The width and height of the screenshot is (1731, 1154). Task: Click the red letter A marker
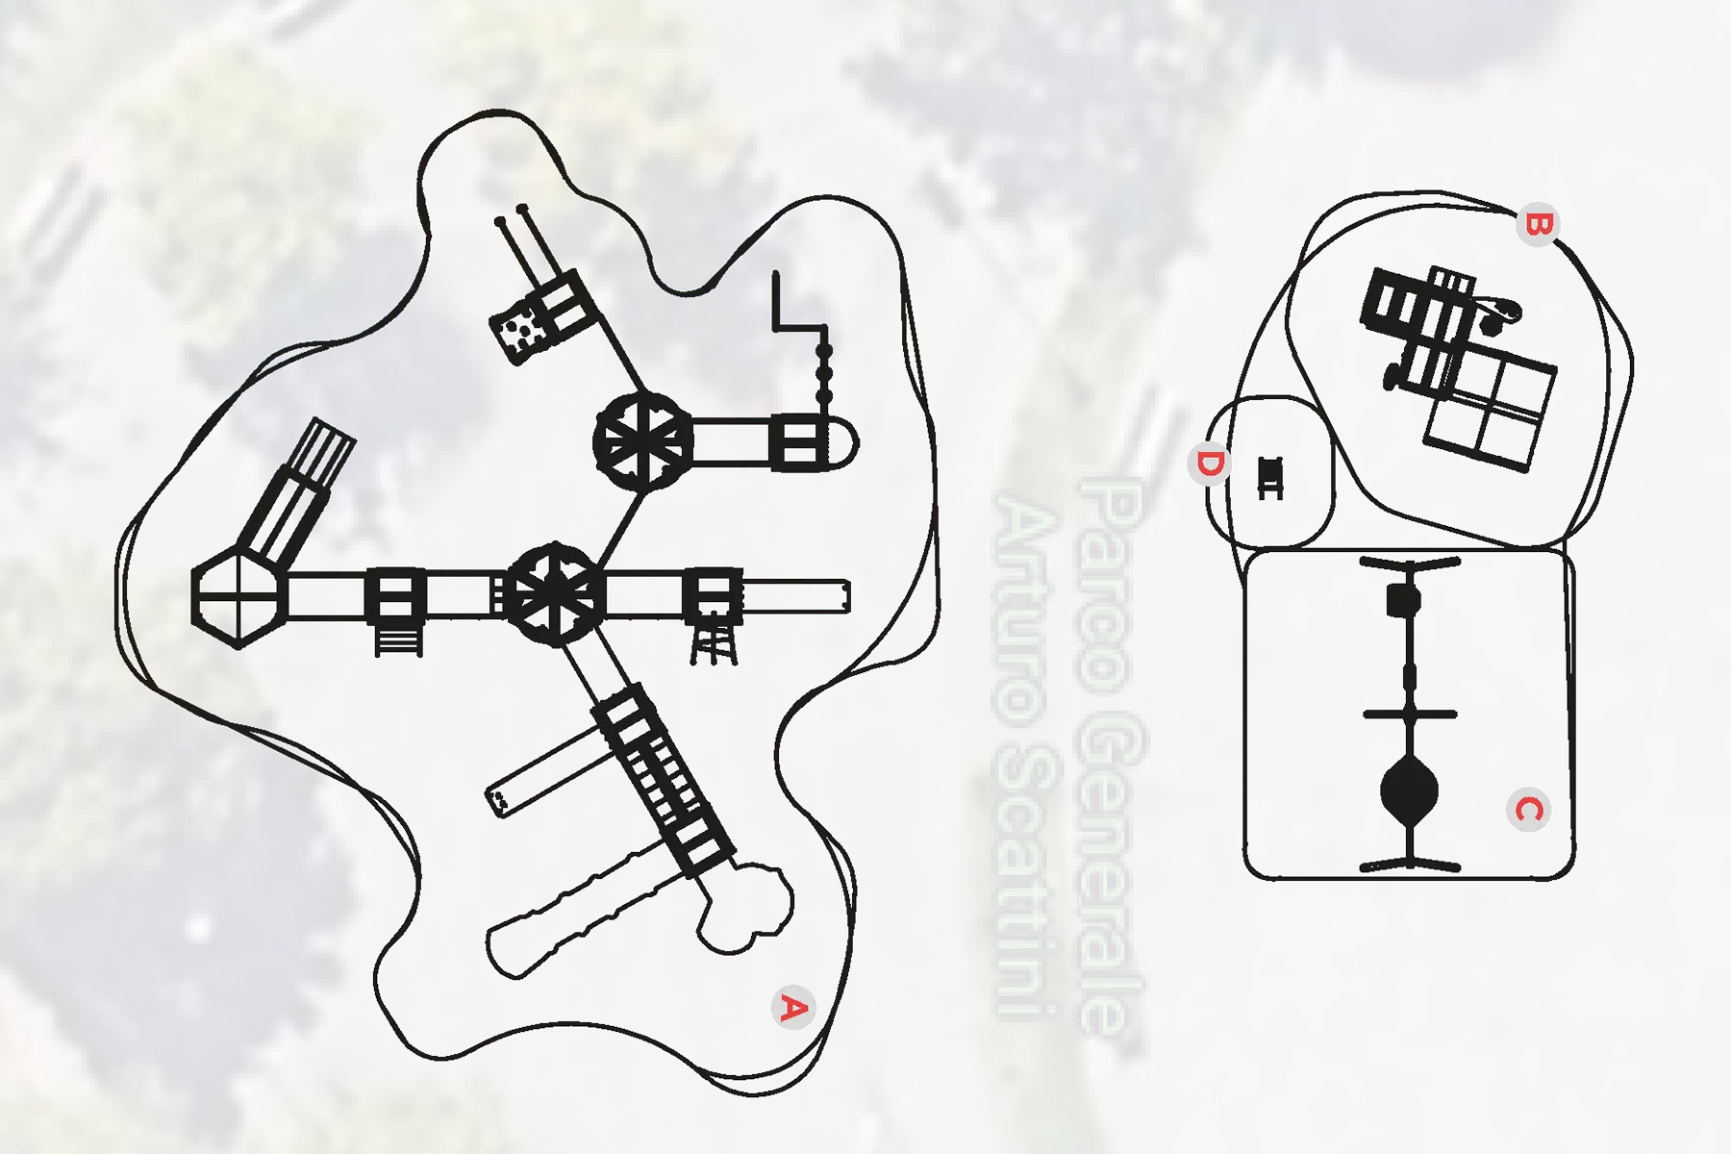(793, 1008)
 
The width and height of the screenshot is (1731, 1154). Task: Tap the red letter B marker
(1538, 225)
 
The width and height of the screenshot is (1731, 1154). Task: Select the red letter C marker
(1528, 810)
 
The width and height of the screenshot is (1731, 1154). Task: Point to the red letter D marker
(1210, 464)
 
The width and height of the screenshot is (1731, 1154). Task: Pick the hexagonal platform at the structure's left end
(238, 597)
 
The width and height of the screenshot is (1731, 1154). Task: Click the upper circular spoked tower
(643, 442)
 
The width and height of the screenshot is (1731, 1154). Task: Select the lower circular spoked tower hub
(555, 594)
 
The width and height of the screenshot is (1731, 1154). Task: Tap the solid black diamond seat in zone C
(1409, 792)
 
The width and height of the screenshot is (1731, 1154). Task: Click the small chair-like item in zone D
(1270, 478)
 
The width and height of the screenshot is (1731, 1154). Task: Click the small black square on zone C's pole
(1404, 602)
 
